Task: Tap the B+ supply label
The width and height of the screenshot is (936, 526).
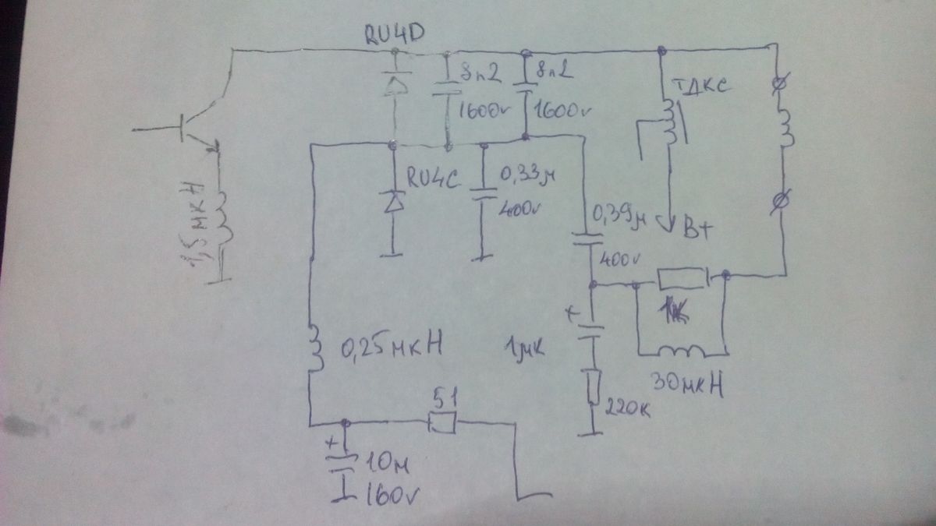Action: tap(700, 231)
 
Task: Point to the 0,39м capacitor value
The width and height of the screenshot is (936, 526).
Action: tap(620, 214)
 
